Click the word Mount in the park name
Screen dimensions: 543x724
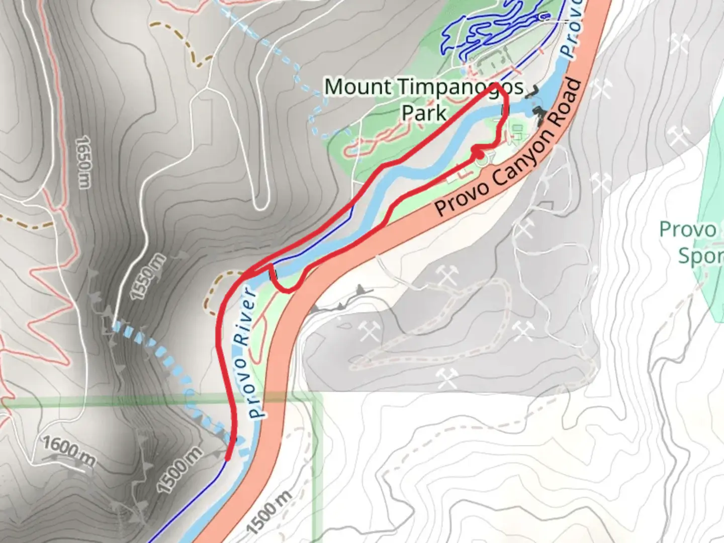[357, 87]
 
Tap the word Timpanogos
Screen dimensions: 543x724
[461, 88]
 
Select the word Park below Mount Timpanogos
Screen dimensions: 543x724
[424, 113]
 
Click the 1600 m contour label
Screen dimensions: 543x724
[68, 450]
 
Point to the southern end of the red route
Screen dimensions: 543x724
[228, 458]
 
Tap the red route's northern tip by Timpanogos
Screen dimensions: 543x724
[497, 86]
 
